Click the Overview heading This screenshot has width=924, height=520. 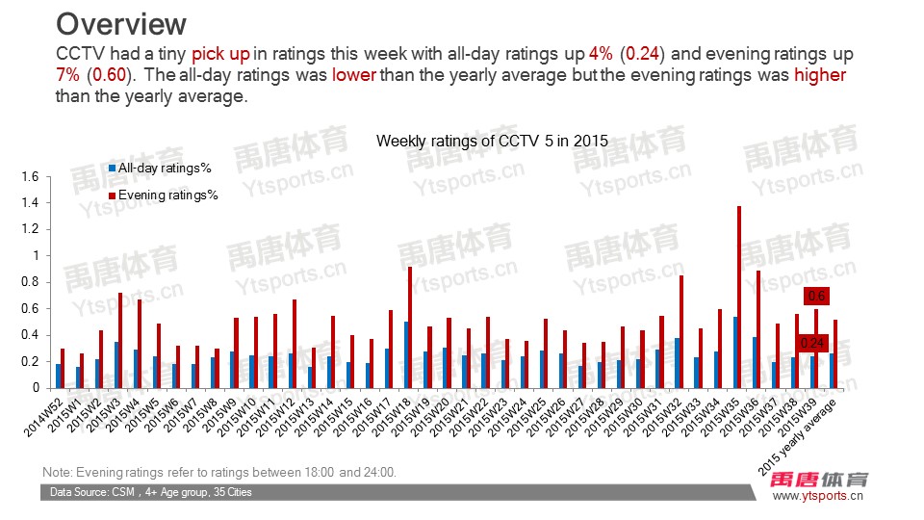pyautogui.click(x=120, y=23)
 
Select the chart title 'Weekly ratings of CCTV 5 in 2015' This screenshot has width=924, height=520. pyautogui.click(x=492, y=141)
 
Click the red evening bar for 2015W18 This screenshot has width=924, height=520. pyautogui.click(x=410, y=327)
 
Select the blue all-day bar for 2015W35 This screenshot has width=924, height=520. pyautogui.click(x=735, y=352)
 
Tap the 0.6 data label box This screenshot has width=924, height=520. pyautogui.click(x=816, y=296)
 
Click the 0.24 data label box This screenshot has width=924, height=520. pyautogui.click(x=812, y=343)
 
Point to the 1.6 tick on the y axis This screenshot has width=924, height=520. pyautogui.click(x=28, y=177)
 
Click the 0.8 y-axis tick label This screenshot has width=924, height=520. pyautogui.click(x=28, y=282)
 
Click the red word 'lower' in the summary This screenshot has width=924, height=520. pyautogui.click(x=353, y=74)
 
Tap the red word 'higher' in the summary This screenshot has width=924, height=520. pyautogui.click(x=819, y=74)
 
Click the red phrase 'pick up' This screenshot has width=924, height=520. pyautogui.click(x=221, y=54)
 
